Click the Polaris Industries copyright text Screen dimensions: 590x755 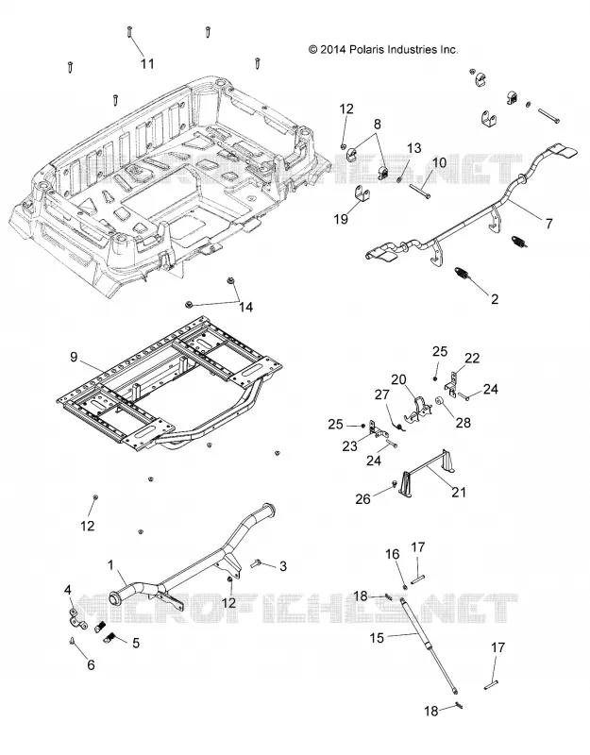[383, 50]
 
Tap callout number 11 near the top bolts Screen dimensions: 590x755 [147, 63]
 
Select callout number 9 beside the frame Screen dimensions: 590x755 [74, 357]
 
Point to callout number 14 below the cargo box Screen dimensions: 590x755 [246, 307]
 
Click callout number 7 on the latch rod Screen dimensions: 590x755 [548, 223]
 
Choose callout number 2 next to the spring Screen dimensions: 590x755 [495, 299]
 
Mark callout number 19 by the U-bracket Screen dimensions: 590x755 [341, 219]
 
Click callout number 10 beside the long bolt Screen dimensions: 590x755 [439, 162]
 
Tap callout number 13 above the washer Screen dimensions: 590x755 [414, 148]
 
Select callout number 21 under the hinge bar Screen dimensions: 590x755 [459, 492]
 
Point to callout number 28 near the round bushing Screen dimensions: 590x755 [464, 423]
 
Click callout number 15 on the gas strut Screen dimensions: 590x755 [377, 638]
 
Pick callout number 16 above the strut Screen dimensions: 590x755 [393, 554]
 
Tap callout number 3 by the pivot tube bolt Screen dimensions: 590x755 [283, 566]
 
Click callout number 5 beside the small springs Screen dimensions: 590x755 [136, 643]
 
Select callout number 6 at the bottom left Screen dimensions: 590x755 [91, 665]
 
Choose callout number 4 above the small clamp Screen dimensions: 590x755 [68, 590]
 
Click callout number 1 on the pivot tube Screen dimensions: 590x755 [110, 564]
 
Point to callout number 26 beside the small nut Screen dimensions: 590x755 [362, 499]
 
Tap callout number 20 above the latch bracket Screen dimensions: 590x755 [398, 380]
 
